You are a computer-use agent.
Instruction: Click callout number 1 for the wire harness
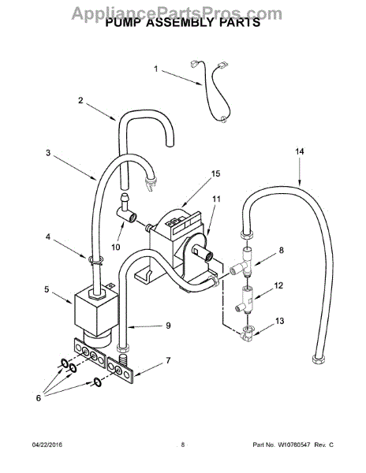[x=155, y=69]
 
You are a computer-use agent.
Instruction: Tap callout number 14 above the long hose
[x=299, y=151]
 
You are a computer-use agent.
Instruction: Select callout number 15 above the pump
[x=215, y=173]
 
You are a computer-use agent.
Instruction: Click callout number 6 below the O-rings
[x=39, y=398]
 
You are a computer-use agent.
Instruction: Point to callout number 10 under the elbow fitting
[x=116, y=247]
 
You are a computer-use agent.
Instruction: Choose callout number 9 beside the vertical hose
[x=168, y=326]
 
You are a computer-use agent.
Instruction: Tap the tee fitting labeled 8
[x=241, y=263]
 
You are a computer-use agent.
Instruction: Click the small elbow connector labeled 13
[x=246, y=334]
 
